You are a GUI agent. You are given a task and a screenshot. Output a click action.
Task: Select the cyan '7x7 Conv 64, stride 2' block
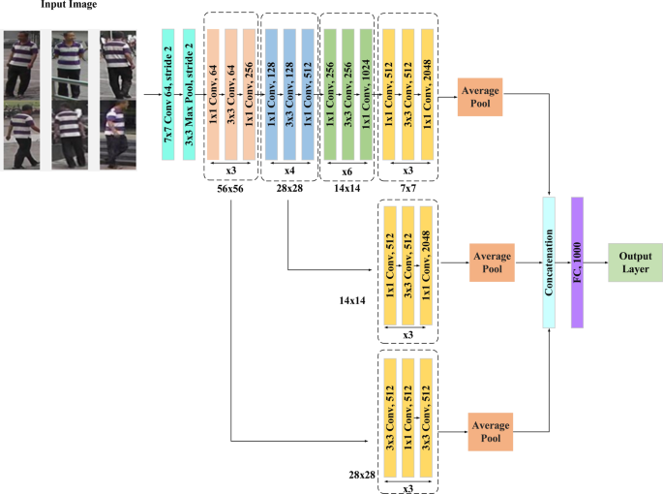(x=167, y=94)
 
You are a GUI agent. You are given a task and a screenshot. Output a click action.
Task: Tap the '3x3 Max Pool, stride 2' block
(x=190, y=94)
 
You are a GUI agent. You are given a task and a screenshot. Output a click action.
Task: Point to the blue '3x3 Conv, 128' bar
(x=289, y=94)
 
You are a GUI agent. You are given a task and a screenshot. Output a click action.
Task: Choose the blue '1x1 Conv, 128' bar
(x=272, y=94)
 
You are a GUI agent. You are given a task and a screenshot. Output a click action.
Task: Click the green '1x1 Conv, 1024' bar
(x=366, y=94)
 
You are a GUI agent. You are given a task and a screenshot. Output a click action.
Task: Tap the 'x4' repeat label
(x=289, y=170)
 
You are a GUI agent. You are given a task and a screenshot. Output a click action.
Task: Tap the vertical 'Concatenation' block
(x=550, y=262)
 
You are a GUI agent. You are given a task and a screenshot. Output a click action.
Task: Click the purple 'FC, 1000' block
(x=578, y=262)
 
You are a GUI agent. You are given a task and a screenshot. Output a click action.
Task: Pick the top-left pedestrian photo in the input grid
(x=22, y=64)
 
